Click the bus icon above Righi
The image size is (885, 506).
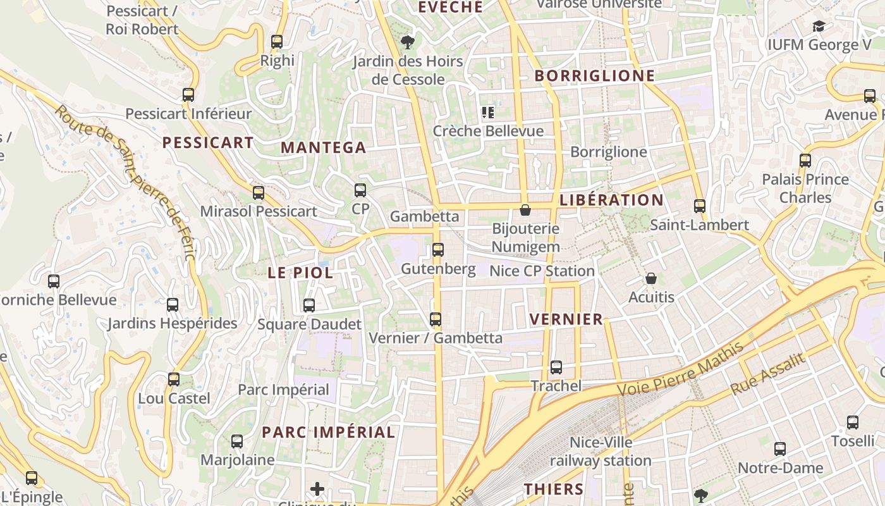(x=277, y=42)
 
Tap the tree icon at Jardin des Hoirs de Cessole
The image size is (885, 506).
(x=408, y=42)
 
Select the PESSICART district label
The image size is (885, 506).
(x=208, y=143)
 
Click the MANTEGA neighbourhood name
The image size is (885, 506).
(x=323, y=148)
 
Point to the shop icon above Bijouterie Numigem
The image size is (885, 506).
(x=525, y=209)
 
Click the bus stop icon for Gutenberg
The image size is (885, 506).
(x=438, y=250)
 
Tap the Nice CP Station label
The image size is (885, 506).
(x=542, y=271)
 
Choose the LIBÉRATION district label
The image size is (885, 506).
(x=611, y=201)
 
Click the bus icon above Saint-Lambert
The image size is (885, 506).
(x=699, y=206)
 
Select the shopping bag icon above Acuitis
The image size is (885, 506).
(x=651, y=278)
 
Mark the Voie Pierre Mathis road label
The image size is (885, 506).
(x=681, y=369)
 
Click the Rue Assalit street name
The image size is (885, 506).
(x=768, y=374)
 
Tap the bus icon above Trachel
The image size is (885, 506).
(x=556, y=367)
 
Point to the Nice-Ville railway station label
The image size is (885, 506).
(x=600, y=451)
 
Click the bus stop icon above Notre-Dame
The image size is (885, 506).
(x=780, y=449)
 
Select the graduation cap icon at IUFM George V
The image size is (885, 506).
(x=819, y=27)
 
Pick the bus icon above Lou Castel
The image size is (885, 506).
(x=174, y=379)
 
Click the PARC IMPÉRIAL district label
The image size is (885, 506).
(x=328, y=433)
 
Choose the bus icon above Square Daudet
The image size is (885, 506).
(x=309, y=305)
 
